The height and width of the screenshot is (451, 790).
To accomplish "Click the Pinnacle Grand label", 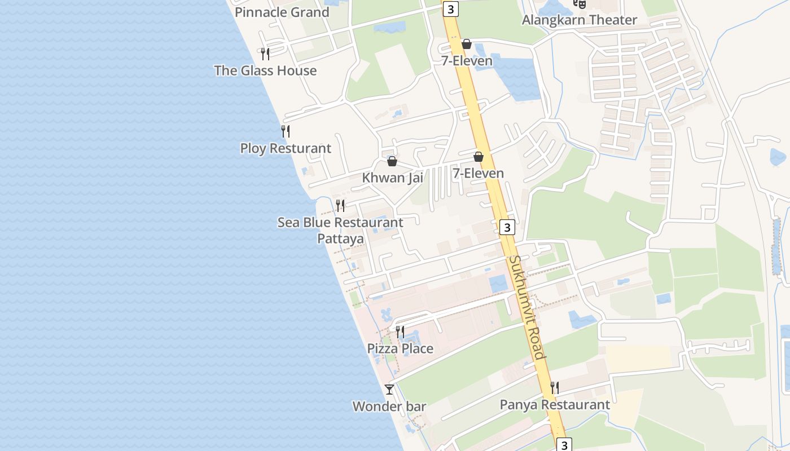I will (282, 12).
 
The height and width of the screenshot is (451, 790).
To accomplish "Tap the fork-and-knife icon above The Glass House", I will (265, 54).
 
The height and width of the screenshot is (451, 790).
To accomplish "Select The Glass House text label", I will (265, 70).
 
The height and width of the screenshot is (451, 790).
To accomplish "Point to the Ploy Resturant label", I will (286, 148).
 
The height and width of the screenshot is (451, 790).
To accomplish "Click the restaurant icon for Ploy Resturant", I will (286, 131).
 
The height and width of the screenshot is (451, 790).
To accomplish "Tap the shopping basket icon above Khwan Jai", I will (392, 161).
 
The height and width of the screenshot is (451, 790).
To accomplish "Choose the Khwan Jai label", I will (392, 178).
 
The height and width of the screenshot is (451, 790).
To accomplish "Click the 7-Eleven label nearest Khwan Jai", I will (478, 173).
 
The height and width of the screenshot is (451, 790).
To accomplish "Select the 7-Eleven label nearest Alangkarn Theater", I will (467, 60).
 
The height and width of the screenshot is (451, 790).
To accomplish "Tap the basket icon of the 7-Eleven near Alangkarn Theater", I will (467, 44).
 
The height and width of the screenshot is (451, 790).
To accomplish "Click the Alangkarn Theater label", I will (580, 20).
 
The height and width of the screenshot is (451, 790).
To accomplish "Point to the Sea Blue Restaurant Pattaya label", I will (340, 230).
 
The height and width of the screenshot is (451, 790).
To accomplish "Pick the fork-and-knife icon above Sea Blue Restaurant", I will (340, 205).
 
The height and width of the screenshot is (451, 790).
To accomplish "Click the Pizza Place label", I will (400, 348).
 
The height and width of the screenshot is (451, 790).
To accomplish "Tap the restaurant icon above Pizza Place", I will (400, 331).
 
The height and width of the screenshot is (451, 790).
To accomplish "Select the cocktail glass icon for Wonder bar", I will (389, 389).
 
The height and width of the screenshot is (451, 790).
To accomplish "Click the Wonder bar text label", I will (389, 406).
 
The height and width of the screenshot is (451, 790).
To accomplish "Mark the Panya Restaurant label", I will (555, 405).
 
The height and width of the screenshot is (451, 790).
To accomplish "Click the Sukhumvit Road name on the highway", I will (528, 307).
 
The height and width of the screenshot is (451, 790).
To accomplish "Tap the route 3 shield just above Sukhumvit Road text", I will (507, 227).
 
